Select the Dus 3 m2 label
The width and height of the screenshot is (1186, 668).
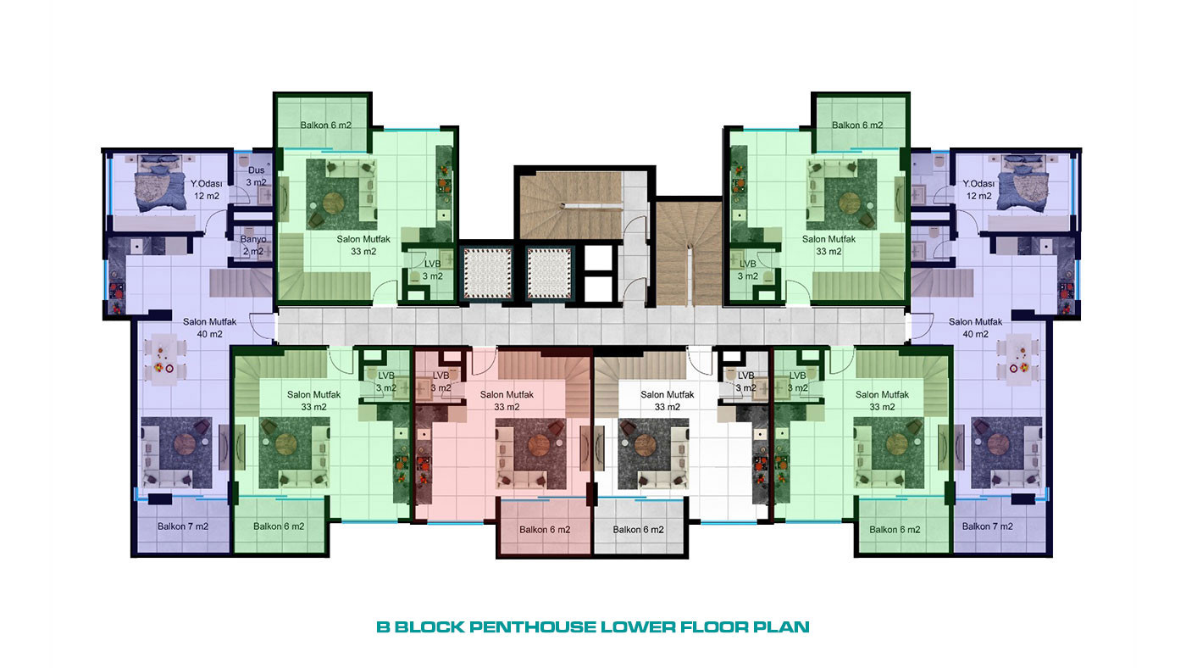point(256,176)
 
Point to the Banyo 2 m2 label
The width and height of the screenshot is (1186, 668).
point(253,245)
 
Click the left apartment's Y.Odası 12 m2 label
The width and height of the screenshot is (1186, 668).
point(207,190)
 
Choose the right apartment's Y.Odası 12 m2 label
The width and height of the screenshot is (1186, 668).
point(978,190)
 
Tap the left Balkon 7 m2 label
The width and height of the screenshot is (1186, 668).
point(183,526)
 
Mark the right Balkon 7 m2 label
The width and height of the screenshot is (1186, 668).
point(988,526)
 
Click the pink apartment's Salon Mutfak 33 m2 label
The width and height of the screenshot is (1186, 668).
point(507,400)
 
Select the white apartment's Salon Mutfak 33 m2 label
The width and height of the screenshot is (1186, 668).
point(668,400)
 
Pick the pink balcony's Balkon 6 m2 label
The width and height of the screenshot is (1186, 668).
point(545,530)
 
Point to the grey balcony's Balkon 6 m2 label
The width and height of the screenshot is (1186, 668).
point(638,530)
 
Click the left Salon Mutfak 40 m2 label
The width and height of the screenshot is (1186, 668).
point(210,328)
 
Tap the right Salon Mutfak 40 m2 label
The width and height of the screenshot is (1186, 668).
point(975,328)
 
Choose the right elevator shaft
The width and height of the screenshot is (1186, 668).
point(550,273)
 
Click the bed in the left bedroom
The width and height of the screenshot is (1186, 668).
point(154,183)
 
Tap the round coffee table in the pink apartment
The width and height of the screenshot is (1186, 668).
point(538,445)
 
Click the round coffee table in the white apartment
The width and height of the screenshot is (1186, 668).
point(646,445)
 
